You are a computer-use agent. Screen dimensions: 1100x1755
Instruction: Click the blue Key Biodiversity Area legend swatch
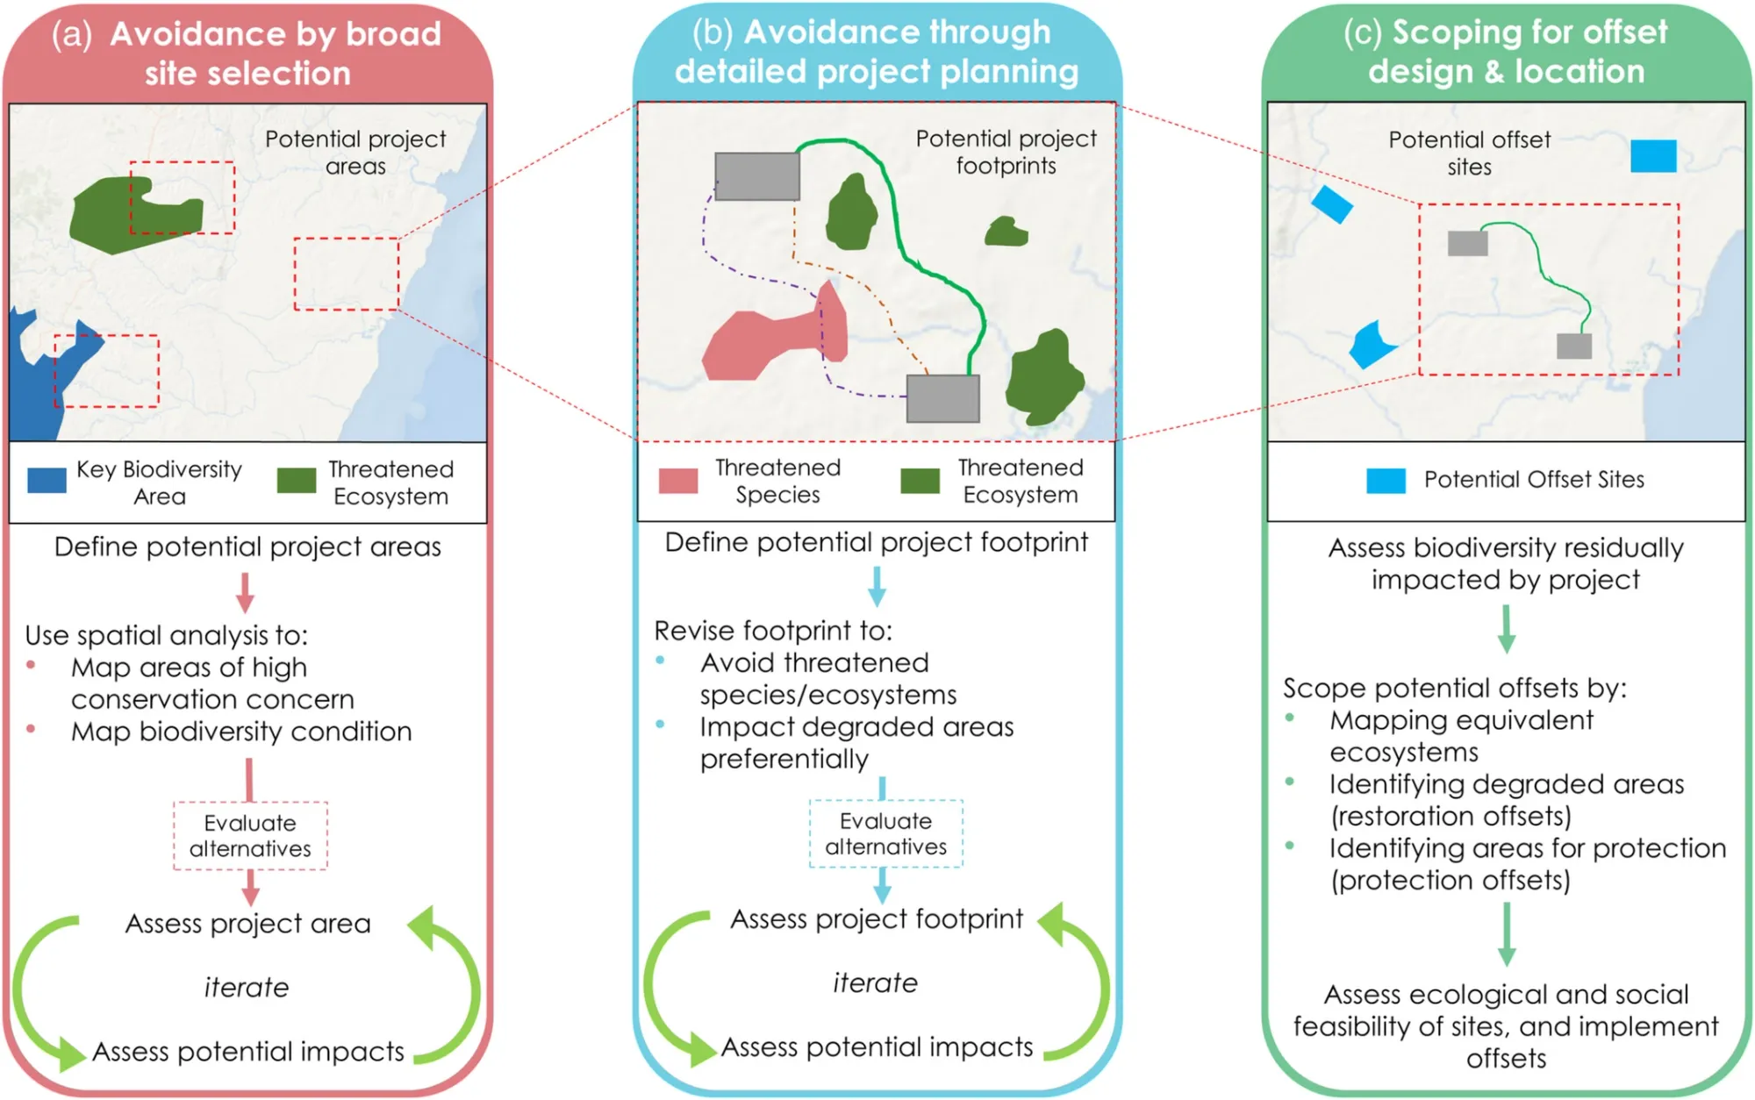[47, 481]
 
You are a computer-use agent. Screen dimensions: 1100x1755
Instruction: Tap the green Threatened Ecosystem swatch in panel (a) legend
[297, 481]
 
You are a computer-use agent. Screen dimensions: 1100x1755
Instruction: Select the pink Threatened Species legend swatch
[678, 481]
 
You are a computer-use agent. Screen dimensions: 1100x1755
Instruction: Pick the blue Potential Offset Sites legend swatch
[1386, 481]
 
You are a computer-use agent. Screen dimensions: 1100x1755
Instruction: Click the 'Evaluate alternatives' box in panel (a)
[250, 836]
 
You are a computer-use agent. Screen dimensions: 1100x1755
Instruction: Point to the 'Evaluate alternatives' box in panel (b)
[885, 833]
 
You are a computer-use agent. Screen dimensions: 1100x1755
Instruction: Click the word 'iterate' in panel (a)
[247, 988]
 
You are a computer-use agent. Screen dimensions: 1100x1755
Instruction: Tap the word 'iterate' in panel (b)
[875, 983]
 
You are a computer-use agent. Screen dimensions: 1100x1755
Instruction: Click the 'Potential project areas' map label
[355, 153]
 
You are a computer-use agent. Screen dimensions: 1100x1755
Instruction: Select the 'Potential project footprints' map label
[1006, 152]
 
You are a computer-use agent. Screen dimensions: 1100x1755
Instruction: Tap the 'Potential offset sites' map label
[1469, 153]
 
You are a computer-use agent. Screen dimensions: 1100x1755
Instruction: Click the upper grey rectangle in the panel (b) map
[756, 176]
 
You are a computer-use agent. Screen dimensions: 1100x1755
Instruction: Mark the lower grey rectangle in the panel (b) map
[942, 399]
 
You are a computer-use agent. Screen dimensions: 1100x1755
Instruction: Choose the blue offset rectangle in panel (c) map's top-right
[1653, 156]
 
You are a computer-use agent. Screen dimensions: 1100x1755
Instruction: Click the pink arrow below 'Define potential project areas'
[246, 592]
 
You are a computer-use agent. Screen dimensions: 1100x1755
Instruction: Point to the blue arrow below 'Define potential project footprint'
[877, 586]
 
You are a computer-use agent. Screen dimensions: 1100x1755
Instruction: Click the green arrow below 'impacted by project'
[1506, 629]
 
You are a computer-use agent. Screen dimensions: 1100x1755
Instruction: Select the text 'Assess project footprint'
[877, 919]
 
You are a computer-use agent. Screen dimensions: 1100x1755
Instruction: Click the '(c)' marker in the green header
[1362, 32]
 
